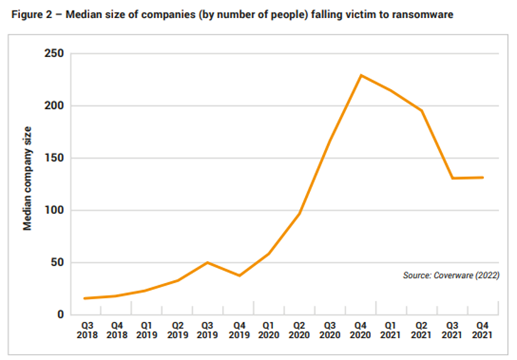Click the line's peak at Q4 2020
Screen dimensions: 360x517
pos(361,75)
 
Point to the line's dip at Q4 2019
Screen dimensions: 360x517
pos(238,275)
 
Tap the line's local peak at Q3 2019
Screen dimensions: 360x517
pos(207,262)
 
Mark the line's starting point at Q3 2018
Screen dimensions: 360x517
pos(85,299)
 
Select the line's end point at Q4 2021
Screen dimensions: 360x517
pos(483,178)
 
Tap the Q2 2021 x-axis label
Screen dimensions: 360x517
pos(422,330)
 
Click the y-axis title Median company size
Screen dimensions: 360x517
pos(27,178)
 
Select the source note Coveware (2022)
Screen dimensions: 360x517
pos(451,275)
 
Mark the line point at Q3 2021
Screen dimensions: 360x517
pos(453,178)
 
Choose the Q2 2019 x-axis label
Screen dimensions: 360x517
pos(177,330)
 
